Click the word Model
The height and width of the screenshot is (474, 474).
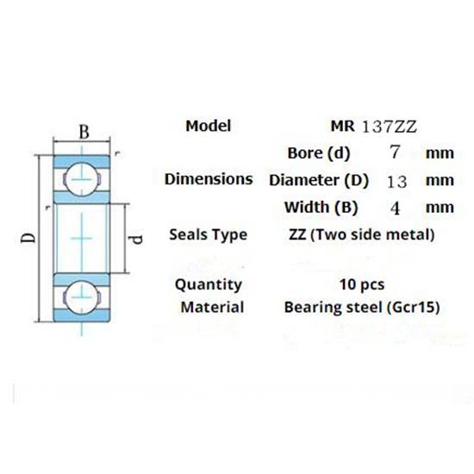[x=209, y=126]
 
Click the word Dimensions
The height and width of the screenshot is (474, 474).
[x=209, y=180]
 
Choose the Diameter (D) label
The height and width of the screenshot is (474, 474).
[x=319, y=181]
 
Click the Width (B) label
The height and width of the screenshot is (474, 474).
[x=320, y=208]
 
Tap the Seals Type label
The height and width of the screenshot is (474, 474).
[x=209, y=234]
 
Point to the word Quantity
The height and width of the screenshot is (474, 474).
[x=209, y=284]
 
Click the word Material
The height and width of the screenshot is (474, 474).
[x=213, y=307]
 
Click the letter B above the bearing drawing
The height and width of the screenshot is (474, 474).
[x=84, y=132]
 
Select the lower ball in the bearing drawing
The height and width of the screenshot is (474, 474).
[x=78, y=295]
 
